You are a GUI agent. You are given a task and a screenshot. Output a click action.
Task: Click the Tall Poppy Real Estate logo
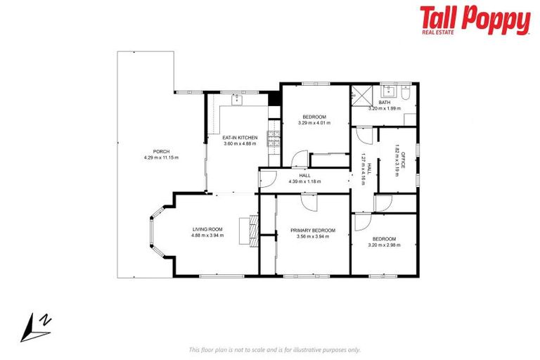coord(475,20)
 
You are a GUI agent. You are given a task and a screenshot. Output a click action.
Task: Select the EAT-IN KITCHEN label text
coord(240,137)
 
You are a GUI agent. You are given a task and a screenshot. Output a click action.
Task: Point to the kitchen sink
coord(236,100)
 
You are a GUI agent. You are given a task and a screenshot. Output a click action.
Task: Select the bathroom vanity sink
coord(388,91)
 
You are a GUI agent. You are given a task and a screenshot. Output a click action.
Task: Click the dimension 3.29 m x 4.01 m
coord(314,123)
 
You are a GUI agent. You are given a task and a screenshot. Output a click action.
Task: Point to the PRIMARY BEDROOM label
coord(314,230)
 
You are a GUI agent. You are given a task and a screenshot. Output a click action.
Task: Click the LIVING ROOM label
coord(207,229)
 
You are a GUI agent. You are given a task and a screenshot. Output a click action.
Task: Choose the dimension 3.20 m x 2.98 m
coord(384,245)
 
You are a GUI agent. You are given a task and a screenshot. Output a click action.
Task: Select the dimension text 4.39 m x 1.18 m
coord(304,181)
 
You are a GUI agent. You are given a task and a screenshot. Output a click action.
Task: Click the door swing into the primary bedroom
coord(308,202)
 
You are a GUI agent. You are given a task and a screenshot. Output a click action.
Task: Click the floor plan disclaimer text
coord(274,349)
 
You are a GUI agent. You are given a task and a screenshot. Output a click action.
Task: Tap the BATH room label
coord(384,103)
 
